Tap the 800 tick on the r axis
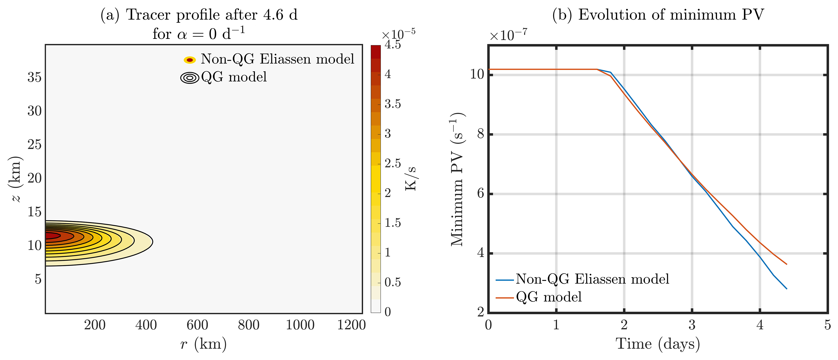(x=249, y=325)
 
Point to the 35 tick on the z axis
(x=34, y=77)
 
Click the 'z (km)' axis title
(x=16, y=179)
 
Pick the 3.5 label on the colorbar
(x=393, y=104)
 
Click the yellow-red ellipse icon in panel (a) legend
(x=190, y=60)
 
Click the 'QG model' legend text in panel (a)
(x=234, y=77)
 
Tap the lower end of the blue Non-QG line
(x=786, y=288)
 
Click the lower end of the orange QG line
(x=786, y=264)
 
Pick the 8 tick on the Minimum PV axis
(x=480, y=134)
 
